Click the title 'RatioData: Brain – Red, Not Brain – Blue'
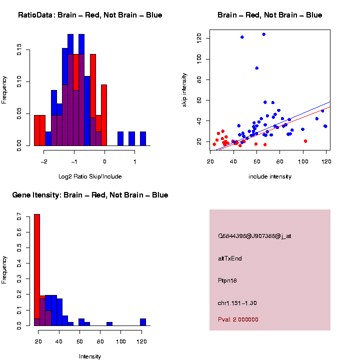point(90,15)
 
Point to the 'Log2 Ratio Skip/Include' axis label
point(89,176)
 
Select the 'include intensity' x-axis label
point(270,176)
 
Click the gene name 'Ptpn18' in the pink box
point(227,280)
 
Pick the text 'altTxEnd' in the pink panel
point(230,258)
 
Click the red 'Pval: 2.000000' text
point(238,319)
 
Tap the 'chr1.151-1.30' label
point(237,303)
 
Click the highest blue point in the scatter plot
point(263,34)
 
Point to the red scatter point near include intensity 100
point(305,141)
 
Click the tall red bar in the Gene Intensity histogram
point(37,270)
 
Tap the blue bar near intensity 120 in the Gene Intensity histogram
point(143,322)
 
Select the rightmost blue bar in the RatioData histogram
point(143,138)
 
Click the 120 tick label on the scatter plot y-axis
point(199,37)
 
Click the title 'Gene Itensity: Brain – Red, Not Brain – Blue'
point(90,195)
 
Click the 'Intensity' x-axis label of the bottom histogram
point(90,356)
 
